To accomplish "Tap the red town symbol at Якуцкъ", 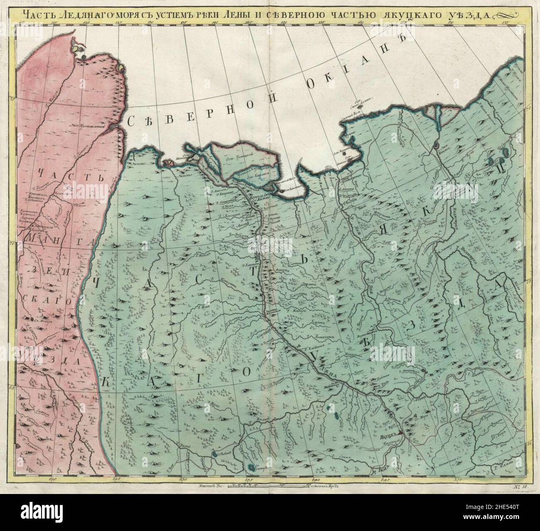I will pyautogui.click(x=400, y=432).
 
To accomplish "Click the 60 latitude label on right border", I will pyautogui.click(x=529, y=444).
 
